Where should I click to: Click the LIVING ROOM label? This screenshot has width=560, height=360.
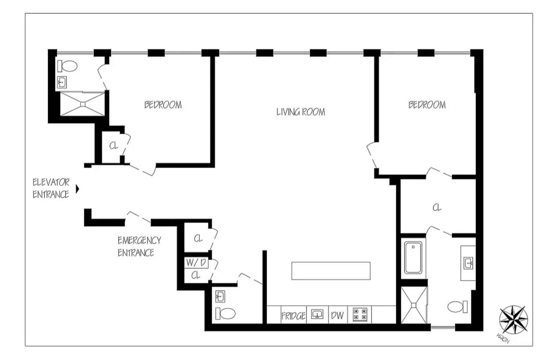click(x=300, y=112)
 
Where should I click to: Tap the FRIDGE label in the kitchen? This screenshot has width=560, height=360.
click(x=293, y=316)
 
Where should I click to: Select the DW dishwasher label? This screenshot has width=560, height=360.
click(x=337, y=315)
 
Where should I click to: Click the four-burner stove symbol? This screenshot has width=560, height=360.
click(x=360, y=315)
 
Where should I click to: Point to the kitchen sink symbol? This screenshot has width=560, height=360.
click(x=317, y=314)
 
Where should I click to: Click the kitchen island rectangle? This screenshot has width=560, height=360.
click(x=331, y=271)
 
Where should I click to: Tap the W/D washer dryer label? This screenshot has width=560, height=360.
click(x=196, y=263)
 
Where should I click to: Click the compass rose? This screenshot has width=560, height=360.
click(x=513, y=320)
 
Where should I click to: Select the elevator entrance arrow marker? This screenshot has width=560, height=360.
click(x=78, y=189)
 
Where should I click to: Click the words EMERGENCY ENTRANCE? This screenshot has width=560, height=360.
click(x=139, y=247)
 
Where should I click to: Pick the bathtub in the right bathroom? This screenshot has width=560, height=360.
click(x=413, y=258)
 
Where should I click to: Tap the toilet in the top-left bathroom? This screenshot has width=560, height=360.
click(x=67, y=66)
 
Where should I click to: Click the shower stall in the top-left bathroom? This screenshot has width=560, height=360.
click(x=82, y=104)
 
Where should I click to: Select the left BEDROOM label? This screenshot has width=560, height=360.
click(x=163, y=105)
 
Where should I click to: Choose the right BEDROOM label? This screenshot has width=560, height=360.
click(x=427, y=105)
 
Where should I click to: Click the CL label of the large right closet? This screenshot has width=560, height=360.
click(x=437, y=207)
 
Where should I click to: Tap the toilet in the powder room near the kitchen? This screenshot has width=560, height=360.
click(x=225, y=313)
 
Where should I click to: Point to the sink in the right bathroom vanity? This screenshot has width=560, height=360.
click(x=468, y=263)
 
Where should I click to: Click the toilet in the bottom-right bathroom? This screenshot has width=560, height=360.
click(x=457, y=307)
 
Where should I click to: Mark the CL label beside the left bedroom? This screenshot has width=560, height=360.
click(x=113, y=145)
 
